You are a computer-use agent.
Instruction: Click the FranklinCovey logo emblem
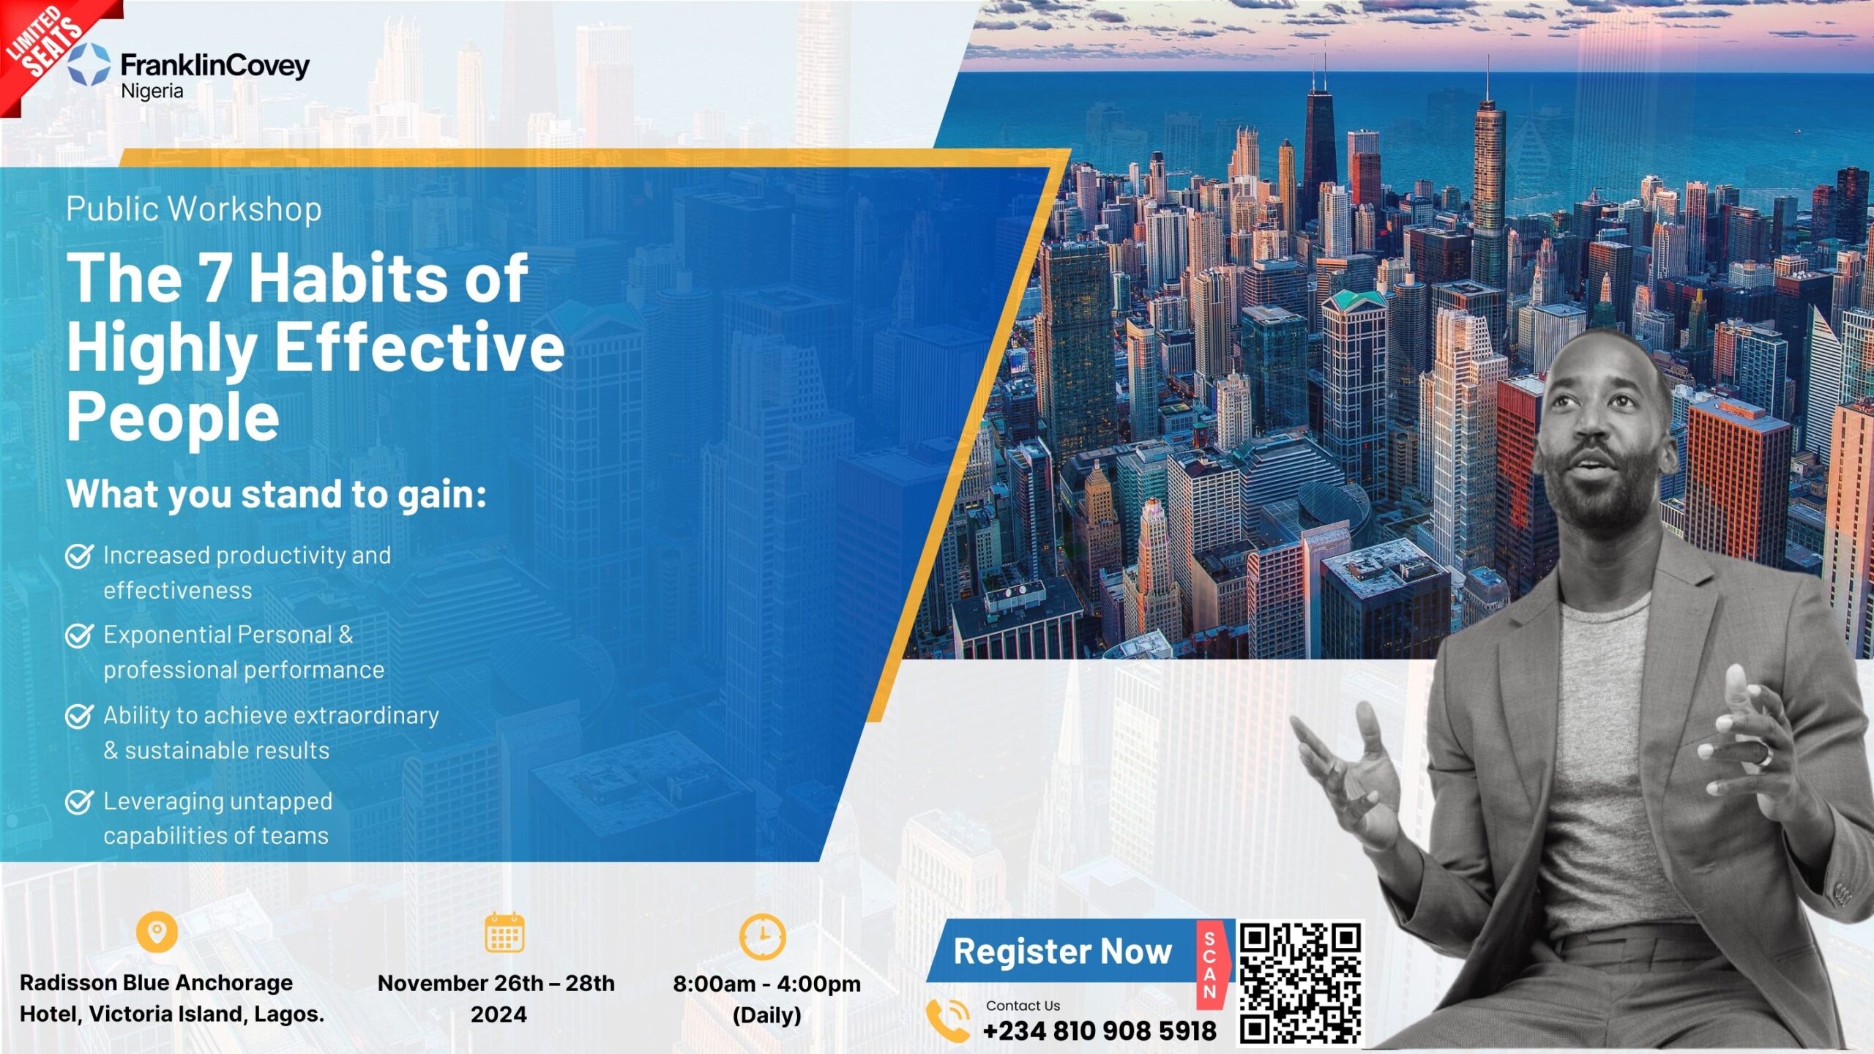coord(89,64)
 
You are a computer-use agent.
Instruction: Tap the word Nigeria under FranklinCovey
coord(152,91)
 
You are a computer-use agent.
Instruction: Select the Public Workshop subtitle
coord(194,209)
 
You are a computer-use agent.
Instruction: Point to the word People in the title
coord(173,416)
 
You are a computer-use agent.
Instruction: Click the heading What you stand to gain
coord(277,494)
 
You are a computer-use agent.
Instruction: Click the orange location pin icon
coord(157,932)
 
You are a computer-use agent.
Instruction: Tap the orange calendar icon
coord(505,932)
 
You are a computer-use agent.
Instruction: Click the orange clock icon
coord(762,936)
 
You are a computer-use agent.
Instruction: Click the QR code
coord(1300,982)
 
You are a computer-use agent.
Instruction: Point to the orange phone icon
coord(948,1020)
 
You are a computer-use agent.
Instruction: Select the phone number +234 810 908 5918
coord(1100,1031)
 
